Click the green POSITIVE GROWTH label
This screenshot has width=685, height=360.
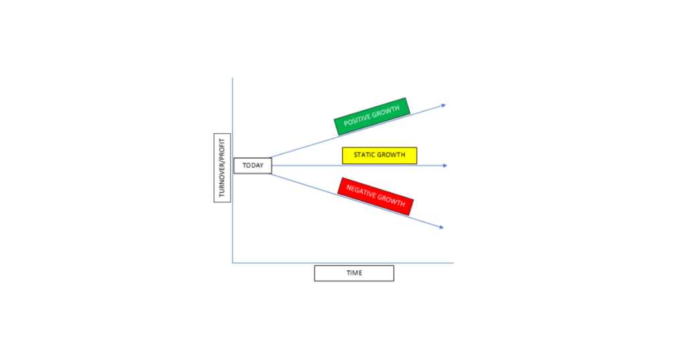(372, 116)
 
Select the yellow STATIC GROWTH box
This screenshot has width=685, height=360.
(379, 155)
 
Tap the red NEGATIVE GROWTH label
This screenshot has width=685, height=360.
(375, 196)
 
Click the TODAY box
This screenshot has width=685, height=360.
(252, 165)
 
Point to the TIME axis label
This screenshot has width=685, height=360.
(354, 273)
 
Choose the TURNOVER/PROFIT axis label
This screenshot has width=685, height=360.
(222, 168)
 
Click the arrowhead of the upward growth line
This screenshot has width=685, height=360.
(444, 105)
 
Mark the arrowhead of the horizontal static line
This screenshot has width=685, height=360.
(445, 165)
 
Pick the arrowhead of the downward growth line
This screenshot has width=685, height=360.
(442, 228)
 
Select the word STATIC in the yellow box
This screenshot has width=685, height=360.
(361, 155)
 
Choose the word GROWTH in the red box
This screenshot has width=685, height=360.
(391, 201)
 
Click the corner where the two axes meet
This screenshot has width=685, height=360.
(232, 263)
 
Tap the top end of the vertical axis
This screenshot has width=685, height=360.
(232, 78)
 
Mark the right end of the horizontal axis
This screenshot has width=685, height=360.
(454, 263)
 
